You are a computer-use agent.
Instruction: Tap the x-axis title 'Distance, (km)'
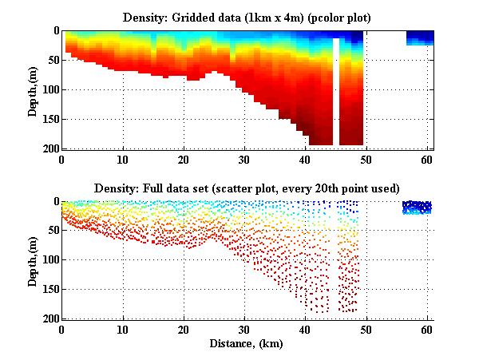[247, 344]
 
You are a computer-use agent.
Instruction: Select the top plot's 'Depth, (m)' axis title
[33, 89]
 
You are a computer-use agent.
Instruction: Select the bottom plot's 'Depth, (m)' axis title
[33, 260]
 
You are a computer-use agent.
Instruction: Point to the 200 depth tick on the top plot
[50, 148]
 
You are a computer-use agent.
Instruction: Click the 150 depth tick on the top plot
[50, 119]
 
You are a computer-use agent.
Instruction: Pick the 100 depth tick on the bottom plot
[50, 260]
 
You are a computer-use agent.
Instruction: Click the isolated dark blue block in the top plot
[420, 38]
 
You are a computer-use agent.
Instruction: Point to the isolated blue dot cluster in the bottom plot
[417, 208]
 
